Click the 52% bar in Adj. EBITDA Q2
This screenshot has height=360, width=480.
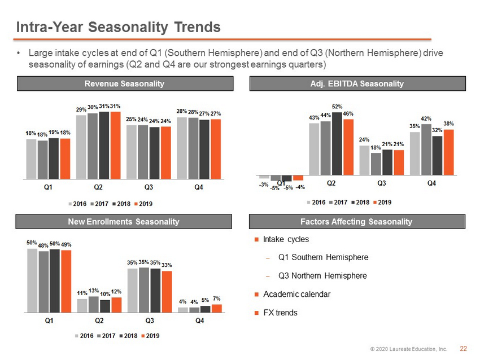click(337, 143)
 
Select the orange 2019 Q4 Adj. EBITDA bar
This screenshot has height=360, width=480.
click(448, 152)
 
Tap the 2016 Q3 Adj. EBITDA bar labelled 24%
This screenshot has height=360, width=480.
click(364, 160)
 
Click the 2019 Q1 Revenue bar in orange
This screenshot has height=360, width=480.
click(65, 159)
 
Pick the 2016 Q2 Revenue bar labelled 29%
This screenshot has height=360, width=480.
click(81, 147)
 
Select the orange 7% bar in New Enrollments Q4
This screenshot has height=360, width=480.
click(217, 308)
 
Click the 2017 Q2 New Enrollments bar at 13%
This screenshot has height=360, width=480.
click(94, 304)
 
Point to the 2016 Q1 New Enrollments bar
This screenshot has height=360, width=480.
click(32, 280)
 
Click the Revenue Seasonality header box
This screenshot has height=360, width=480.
click(125, 84)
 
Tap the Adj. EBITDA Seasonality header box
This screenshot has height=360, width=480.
click(357, 84)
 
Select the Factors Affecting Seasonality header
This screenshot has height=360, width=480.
click(357, 221)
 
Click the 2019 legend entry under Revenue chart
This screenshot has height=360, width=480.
click(143, 204)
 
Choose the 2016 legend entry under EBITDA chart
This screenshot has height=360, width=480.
click(316, 202)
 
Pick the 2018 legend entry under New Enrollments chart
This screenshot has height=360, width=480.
click(129, 336)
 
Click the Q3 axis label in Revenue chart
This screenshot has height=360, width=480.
click(149, 187)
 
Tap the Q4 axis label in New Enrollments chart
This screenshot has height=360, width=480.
click(199, 321)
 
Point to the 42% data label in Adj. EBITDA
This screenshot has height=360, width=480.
click(426, 118)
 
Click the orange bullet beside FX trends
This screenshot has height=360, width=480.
click(256, 313)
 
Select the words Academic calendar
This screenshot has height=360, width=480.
click(296, 294)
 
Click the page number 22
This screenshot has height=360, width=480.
click(463, 349)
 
